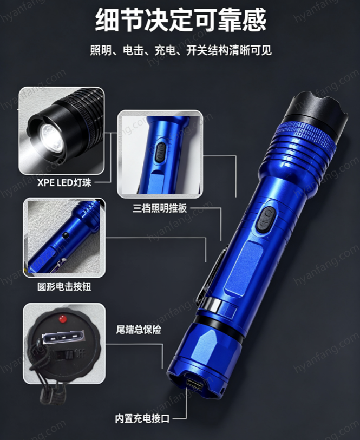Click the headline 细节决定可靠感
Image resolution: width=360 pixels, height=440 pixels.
coord(181,20)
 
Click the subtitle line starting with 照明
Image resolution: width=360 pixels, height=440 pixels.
coord(181,51)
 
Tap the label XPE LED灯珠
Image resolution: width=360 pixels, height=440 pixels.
coord(64,183)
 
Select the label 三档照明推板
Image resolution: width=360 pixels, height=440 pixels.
coord(160,208)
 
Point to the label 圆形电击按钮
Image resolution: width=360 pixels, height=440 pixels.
coord(64,286)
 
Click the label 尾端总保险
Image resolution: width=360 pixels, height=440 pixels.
coord(139,330)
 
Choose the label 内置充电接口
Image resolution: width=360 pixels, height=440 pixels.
coord(142,419)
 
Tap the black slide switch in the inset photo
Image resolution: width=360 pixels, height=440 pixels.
coord(160,152)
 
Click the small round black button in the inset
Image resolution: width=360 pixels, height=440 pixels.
coord(66,235)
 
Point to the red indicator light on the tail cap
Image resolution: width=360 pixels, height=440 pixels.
coord(62,319)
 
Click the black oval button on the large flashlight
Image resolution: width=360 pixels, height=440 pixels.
coord(265,219)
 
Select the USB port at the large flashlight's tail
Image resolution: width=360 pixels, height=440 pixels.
coord(195,384)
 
